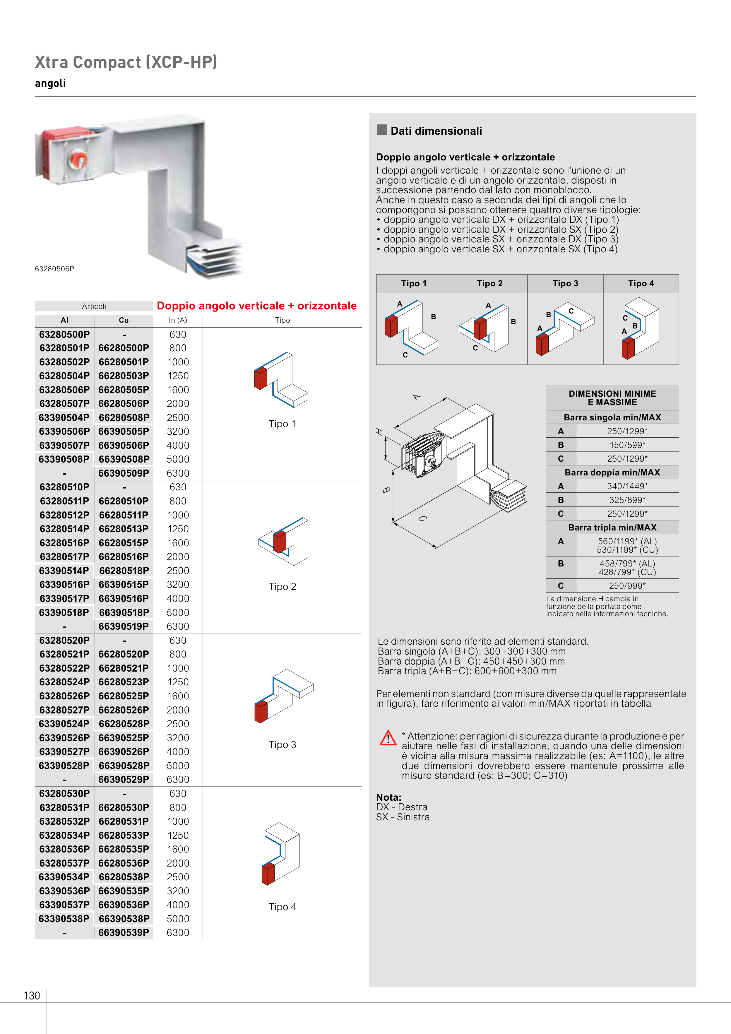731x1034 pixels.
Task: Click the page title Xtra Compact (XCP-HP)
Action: pyautogui.click(x=126, y=62)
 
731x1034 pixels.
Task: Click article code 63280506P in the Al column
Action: pyautogui.click(x=64, y=390)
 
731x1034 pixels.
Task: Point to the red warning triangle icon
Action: pyautogui.click(x=388, y=739)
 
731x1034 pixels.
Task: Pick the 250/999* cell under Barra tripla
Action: pyautogui.click(x=627, y=586)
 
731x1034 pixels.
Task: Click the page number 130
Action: pyautogui.click(x=32, y=995)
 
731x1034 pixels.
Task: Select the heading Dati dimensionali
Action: pyautogui.click(x=436, y=131)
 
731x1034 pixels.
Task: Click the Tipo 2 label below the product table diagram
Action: pyautogui.click(x=283, y=586)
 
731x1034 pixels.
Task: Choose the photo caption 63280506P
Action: pyautogui.click(x=54, y=269)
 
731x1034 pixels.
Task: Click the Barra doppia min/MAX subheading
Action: pyautogui.click(x=612, y=473)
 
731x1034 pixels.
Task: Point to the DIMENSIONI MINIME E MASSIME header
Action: pyautogui.click(x=612, y=398)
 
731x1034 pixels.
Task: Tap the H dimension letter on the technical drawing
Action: pyautogui.click(x=379, y=432)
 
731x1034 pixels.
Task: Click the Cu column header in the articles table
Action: pyautogui.click(x=124, y=320)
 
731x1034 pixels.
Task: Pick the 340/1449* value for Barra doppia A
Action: pyautogui.click(x=627, y=486)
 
